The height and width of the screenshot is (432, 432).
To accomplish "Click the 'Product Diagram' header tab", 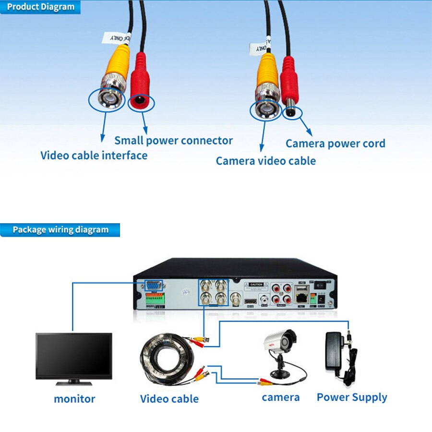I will click(41, 7).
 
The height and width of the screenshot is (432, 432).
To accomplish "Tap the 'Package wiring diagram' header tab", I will click(60, 229).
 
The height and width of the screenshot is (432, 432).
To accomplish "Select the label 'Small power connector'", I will click(173, 141).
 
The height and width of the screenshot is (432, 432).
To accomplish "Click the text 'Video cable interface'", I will click(94, 156).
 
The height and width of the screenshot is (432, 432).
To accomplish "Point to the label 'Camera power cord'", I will click(335, 144).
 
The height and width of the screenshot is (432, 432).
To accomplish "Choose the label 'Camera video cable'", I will click(265, 161).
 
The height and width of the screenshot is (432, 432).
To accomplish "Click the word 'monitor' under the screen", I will click(74, 398).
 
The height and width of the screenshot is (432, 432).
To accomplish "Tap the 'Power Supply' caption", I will click(352, 397).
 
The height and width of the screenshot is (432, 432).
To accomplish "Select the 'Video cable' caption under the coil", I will click(169, 398).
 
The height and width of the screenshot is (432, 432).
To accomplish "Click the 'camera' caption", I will click(280, 397).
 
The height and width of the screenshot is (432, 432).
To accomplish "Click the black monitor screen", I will click(74, 356).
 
